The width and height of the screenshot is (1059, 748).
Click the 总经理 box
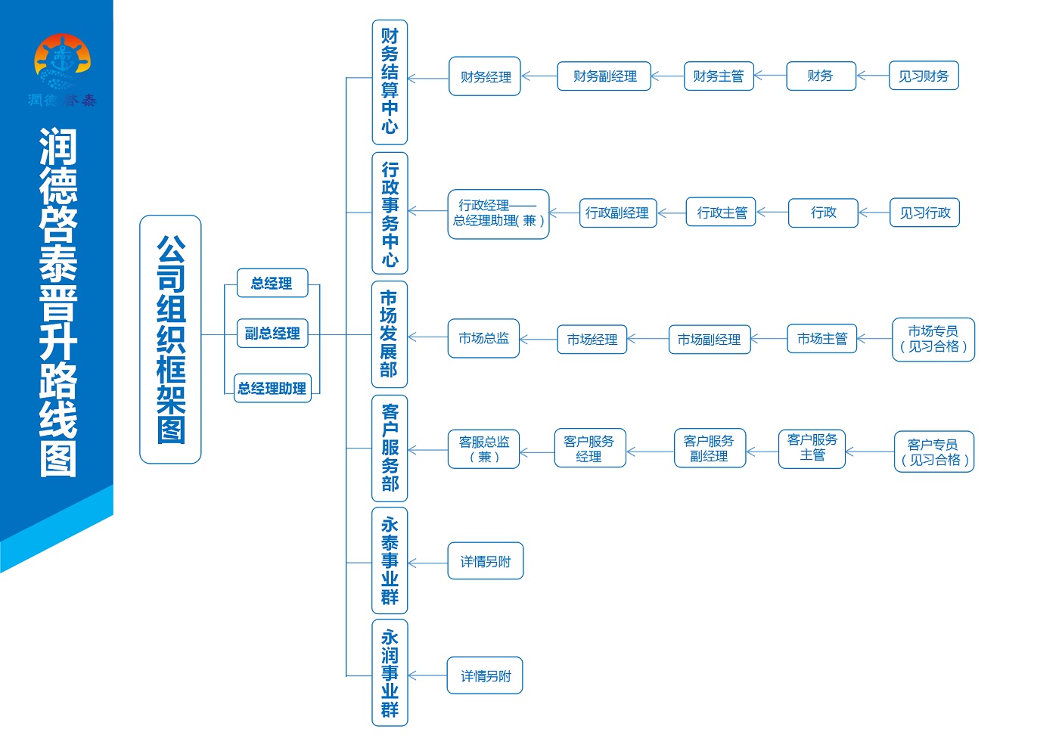(272, 283)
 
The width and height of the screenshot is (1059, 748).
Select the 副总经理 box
(272, 334)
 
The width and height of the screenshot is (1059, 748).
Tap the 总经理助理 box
(272, 388)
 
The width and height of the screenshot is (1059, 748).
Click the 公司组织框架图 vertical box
(170, 340)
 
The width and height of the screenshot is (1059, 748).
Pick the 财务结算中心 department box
(390, 82)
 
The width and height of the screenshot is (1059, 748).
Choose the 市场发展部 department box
(390, 334)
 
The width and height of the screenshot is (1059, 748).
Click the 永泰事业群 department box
(390, 560)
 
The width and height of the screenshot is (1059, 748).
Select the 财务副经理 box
(604, 76)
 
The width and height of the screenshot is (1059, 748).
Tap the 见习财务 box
(924, 75)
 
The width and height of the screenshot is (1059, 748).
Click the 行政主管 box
(721, 212)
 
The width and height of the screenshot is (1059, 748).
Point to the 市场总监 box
(483, 338)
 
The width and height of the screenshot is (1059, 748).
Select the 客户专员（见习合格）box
(934, 452)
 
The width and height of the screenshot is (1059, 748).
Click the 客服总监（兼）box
(483, 449)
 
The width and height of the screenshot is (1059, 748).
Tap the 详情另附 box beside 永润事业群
(485, 675)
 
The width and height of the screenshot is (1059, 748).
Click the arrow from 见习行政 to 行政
(874, 213)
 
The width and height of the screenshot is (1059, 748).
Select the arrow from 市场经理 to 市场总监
(539, 339)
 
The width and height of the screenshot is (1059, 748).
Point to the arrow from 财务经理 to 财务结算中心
(428, 79)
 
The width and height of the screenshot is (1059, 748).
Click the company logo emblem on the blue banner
(62, 61)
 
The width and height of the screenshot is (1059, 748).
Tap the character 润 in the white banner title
(57, 146)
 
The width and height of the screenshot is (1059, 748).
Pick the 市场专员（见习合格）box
(933, 340)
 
